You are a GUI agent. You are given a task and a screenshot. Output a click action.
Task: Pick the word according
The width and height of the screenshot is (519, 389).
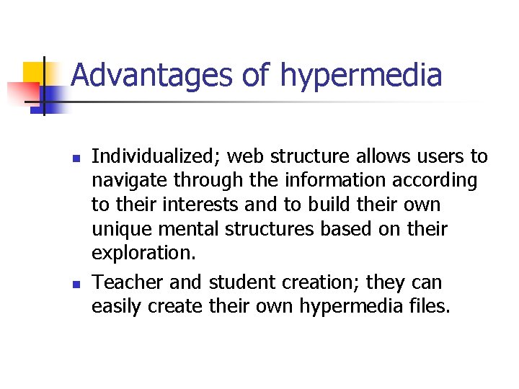438,182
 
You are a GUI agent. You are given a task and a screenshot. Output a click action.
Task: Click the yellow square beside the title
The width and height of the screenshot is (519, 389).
36,74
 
